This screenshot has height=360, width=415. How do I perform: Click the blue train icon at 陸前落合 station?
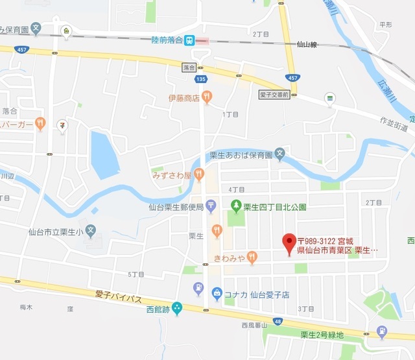tap(189, 40)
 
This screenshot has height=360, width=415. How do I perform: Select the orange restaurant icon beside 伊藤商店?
tap(207, 98)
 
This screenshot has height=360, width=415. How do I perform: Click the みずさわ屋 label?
tap(171, 175)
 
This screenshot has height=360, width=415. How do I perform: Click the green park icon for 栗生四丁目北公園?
tap(237, 207)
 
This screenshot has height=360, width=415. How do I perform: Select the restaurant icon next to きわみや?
tap(252, 258)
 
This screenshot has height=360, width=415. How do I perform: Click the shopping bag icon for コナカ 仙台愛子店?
tap(217, 293)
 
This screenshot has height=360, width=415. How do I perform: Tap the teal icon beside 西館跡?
tap(177, 309)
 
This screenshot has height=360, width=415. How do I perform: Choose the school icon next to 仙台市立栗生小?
tap(91, 230)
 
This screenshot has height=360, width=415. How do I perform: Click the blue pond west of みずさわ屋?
tap(104, 154)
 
